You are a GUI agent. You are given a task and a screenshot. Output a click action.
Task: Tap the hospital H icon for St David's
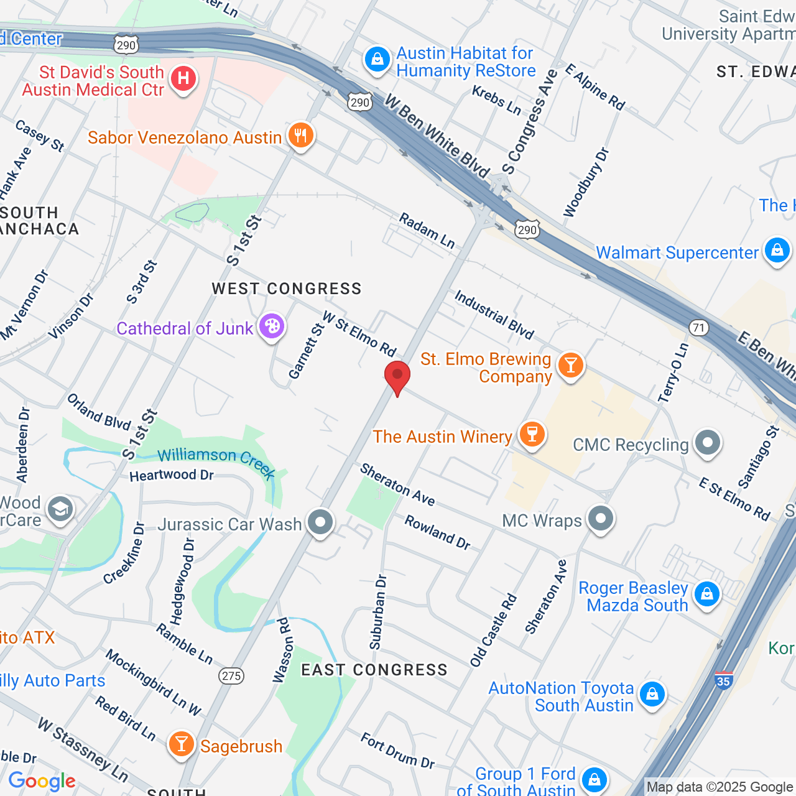pos(183,79)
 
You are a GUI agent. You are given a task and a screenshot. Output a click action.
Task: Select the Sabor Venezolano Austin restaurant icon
pos(301,135)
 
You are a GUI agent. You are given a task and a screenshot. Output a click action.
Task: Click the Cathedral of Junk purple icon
pos(271,326)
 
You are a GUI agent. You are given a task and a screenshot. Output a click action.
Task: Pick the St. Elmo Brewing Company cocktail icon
pos(570,365)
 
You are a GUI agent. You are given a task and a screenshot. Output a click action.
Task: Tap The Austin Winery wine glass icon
pos(532,433)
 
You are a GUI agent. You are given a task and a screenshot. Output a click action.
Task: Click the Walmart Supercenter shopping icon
pos(777,251)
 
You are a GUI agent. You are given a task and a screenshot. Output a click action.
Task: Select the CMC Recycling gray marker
pos(707,443)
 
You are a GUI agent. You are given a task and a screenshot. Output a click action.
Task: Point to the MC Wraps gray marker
pos(600,518)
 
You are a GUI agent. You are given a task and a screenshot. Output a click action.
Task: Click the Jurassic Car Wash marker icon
pos(320,522)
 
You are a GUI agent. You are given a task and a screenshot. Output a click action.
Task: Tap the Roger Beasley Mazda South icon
pos(707,594)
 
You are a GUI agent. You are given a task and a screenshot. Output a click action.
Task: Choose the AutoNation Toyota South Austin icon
pos(652,693)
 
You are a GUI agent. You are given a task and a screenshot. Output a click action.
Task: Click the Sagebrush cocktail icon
pos(181,743)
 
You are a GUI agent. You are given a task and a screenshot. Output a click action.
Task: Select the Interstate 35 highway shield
pos(723,680)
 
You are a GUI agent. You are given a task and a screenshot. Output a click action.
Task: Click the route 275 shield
pos(231,676)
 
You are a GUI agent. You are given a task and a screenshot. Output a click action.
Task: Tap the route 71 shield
pos(700,327)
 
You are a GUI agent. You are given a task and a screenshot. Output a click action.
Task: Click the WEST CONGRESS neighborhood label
pos(286,289)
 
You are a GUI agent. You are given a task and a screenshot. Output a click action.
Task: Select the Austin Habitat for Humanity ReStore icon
pos(377,60)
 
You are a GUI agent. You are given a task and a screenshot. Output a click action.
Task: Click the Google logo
pos(42,781)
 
